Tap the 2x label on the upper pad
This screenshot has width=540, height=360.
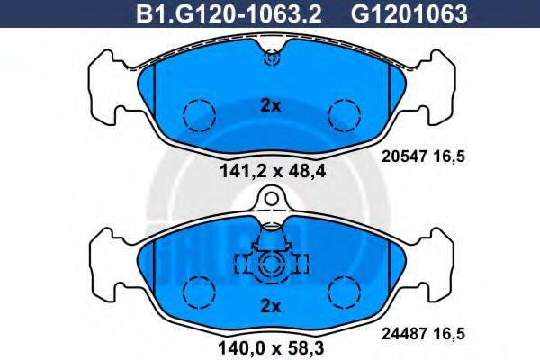click(x=270, y=105)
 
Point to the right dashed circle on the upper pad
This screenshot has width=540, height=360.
click(x=343, y=113)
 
